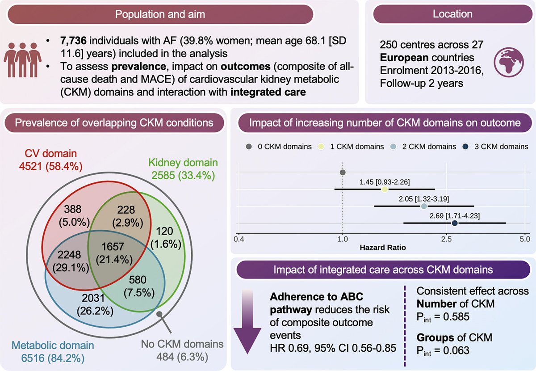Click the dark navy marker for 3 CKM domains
[455, 223]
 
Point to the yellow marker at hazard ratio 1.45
[385, 190]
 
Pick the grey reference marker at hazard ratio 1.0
[343, 173]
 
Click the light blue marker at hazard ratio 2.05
[424, 207]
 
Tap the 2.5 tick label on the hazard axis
[445, 239]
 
